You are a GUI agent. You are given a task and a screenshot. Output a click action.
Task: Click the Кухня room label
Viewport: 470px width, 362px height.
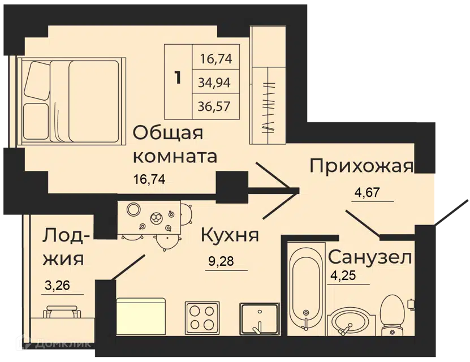[x=230, y=235]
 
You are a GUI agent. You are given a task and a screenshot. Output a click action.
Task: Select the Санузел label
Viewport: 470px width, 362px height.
[x=369, y=257]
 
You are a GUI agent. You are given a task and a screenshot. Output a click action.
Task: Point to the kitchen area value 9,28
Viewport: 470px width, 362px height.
[x=221, y=261]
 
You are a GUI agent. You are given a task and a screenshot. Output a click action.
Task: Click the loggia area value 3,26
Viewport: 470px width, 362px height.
[x=57, y=285]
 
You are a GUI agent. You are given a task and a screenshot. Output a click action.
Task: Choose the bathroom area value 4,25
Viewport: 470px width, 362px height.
[x=343, y=275]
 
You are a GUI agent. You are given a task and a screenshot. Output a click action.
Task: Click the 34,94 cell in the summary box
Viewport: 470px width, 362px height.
[x=214, y=82]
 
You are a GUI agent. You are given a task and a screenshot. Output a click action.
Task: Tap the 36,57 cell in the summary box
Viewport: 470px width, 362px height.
[x=214, y=106]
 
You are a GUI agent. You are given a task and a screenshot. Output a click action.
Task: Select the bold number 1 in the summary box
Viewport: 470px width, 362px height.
[x=178, y=77]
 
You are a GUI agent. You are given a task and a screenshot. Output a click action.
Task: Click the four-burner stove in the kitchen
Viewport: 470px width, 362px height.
[x=202, y=318]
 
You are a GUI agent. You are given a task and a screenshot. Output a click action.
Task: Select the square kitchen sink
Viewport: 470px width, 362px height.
[x=260, y=318]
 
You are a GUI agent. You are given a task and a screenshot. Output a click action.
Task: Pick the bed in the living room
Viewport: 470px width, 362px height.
[x=72, y=102]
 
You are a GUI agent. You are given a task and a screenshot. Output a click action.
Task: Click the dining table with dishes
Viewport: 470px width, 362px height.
[x=149, y=218]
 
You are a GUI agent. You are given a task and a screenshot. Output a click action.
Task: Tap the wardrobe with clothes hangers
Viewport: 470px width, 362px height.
[x=269, y=85]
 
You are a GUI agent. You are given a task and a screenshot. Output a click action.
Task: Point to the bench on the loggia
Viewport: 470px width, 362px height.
[x=62, y=312]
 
